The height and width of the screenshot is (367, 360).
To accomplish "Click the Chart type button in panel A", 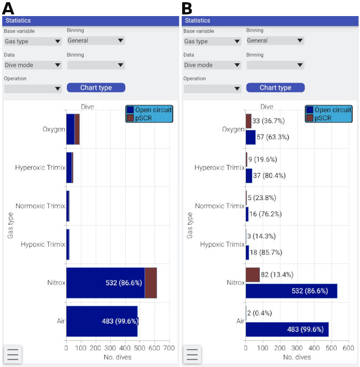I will (x=96, y=88).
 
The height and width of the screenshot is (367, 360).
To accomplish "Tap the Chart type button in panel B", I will (x=275, y=88).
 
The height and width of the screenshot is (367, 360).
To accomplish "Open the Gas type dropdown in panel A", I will (x=33, y=41).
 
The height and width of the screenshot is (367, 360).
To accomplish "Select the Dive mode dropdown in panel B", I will (x=212, y=65).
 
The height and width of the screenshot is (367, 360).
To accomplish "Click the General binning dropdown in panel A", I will (x=95, y=40).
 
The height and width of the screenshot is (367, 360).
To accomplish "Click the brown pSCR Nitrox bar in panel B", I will (x=253, y=274).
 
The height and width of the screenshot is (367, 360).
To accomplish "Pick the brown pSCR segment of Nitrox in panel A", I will (x=151, y=283).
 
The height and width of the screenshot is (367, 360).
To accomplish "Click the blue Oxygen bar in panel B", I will (x=250, y=137).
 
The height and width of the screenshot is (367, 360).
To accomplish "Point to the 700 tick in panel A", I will (x=169, y=348).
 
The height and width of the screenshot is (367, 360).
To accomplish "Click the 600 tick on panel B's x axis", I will (x=348, y=348).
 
